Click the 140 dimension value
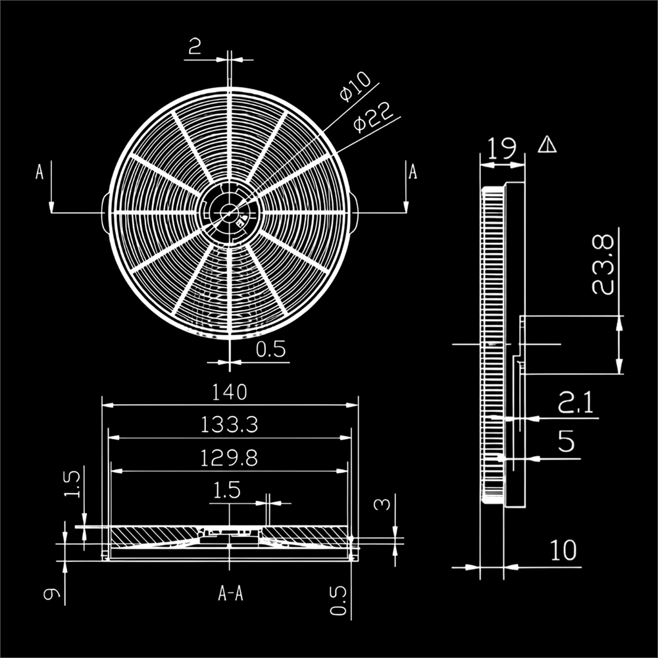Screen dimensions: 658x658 (229, 392)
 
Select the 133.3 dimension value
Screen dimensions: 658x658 (229, 426)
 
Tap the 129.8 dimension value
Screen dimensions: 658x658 (229, 459)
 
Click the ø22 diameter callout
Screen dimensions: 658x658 (376, 116)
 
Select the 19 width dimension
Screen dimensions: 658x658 (502, 148)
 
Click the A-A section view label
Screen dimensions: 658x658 (230, 594)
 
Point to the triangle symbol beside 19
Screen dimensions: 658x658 (547, 144)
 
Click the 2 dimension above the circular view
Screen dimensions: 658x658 (195, 47)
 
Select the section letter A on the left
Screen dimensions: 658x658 (39, 172)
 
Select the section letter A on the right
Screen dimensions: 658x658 (413, 172)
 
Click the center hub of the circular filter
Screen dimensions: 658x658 (229, 213)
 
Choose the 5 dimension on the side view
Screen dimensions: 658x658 (566, 442)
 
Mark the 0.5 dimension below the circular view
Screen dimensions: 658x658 (271, 350)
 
